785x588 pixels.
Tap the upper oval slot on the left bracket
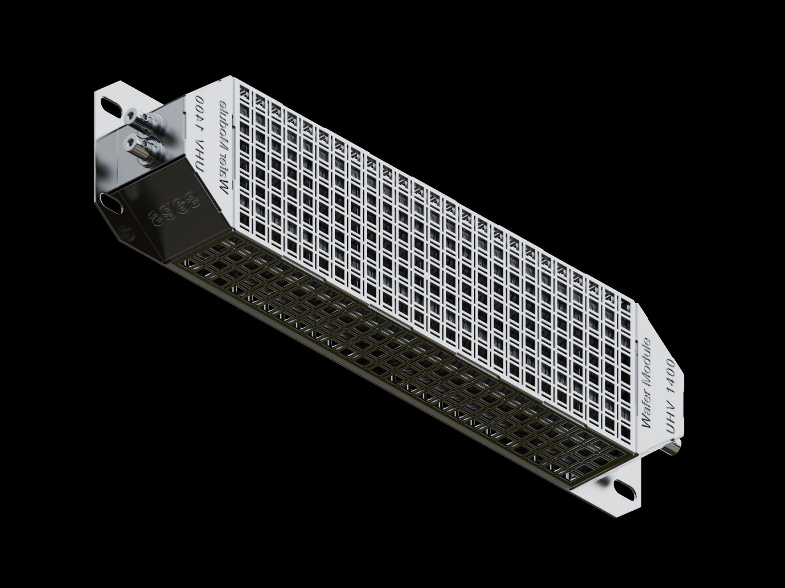pyautogui.click(x=110, y=103)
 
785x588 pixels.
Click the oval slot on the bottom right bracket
pyautogui.click(x=621, y=487)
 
